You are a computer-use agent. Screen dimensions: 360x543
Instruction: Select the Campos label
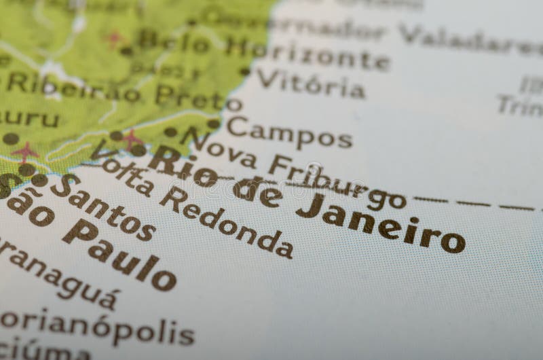289,132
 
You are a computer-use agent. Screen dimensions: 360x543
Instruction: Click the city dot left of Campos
213,124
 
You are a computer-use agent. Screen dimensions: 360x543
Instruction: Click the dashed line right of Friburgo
475,203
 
